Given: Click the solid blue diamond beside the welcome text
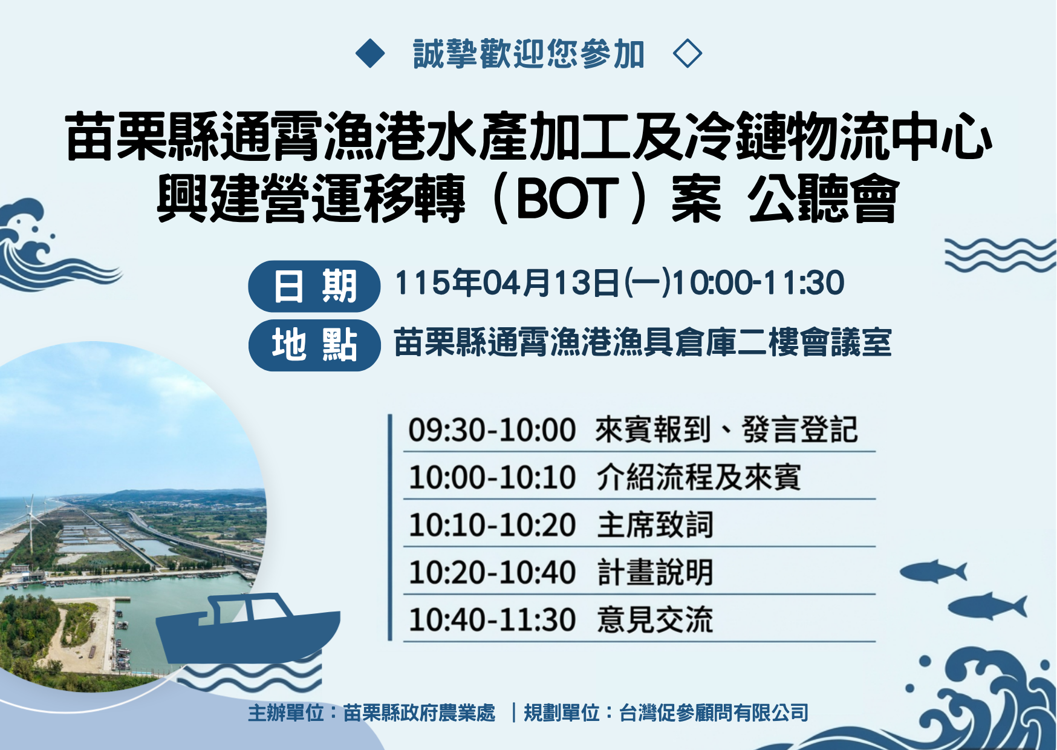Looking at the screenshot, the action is [370, 53].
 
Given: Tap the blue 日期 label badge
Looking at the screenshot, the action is [314, 286].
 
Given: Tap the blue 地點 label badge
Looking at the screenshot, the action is [314, 345].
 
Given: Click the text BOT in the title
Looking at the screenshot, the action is [568, 199].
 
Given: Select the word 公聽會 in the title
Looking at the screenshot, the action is [823, 199].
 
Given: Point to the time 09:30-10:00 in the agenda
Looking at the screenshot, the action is [492, 430].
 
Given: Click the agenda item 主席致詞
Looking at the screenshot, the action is [655, 524].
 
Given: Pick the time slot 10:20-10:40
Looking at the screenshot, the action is [492, 572].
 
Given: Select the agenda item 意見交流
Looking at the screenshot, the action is [655, 620].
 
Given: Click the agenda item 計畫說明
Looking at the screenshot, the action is [655, 572].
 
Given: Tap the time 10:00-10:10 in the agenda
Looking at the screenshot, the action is [492, 477].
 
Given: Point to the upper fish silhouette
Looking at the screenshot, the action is [933, 571].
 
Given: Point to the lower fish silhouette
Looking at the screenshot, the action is [987, 607].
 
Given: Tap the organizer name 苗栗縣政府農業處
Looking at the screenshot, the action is [419, 713].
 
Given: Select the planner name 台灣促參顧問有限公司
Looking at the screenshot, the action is [714, 713].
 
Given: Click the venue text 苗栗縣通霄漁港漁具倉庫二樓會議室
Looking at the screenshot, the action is [643, 343].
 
